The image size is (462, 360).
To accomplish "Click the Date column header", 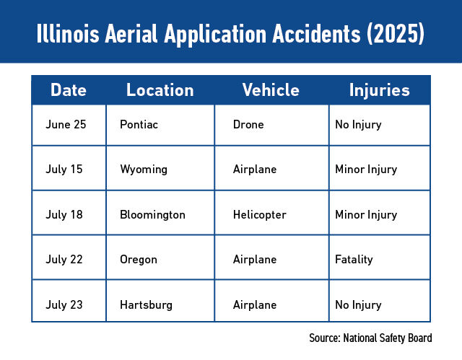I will tap(69, 90).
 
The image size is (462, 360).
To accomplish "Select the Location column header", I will tap(160, 90).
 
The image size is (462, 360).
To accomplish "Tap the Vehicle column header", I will tap(271, 90).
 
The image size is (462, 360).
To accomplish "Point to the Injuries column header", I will tap(379, 90).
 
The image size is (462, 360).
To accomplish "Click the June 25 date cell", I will tap(66, 125).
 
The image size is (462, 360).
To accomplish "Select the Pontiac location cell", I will tap(139, 125).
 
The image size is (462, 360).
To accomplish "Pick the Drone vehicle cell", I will tap(248, 125).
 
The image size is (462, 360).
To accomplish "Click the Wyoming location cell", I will tap(144, 170).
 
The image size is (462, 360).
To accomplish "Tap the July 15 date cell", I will tap(64, 170).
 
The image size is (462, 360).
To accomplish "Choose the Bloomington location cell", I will tap(152, 215).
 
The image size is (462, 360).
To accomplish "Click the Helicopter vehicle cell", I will tap(259, 215).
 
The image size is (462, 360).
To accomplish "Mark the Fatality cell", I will tap(354, 260).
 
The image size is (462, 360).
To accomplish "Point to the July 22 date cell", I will tap(64, 260).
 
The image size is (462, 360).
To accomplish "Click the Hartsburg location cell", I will tap(146, 304).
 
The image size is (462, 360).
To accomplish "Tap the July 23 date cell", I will tap(64, 304).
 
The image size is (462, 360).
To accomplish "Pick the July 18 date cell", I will tap(64, 215).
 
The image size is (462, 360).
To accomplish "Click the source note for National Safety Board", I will tap(370, 338).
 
